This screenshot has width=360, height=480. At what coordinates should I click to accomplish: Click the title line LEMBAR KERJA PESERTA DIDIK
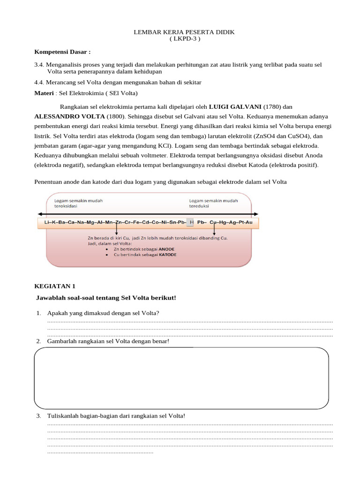coord(184,32)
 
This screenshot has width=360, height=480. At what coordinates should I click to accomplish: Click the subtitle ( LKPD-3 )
coord(184,38)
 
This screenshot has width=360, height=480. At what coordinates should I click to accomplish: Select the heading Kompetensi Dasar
coord(62,52)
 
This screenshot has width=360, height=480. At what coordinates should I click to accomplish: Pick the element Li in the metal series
coord(45,222)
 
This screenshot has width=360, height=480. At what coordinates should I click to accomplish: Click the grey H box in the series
coord(190,222)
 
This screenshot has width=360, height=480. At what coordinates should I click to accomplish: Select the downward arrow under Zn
coord(116,230)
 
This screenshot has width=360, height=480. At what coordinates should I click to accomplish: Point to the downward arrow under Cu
coord(215,230)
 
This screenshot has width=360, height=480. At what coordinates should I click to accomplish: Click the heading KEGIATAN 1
coord(55,286)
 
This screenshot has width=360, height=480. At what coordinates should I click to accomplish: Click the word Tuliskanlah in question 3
coord(64,416)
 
